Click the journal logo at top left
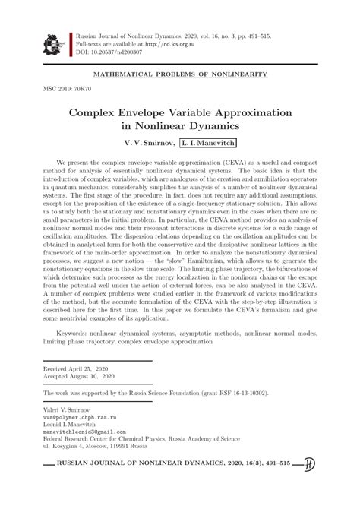pyautogui.click(x=52, y=45)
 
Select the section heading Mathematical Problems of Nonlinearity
pyautogui.click(x=179, y=74)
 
